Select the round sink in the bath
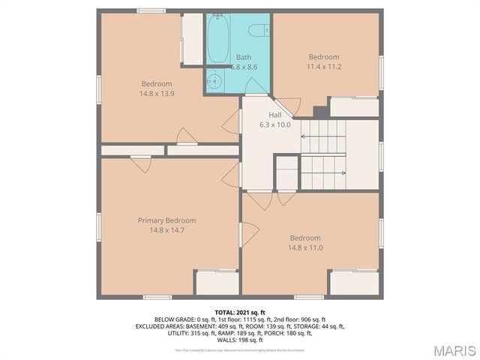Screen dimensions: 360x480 213,81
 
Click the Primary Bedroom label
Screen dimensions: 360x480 166,220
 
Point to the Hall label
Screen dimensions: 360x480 275,115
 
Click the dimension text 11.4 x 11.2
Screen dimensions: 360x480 324,66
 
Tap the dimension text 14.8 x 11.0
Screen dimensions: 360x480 305,247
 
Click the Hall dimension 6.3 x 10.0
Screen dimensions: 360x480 274,124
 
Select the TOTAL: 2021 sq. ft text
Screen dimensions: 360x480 240,312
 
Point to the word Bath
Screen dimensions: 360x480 244,57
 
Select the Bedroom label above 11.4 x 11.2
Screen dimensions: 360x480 324,57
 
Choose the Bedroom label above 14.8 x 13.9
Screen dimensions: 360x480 157,83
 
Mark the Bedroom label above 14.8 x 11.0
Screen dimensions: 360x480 305,237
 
